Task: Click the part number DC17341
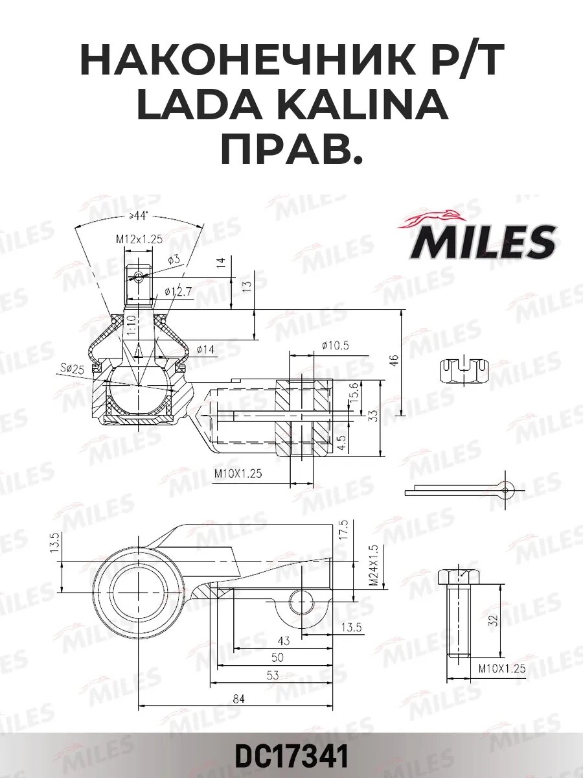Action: tap(291, 757)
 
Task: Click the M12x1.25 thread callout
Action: tap(139, 239)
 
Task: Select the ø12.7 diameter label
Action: tap(178, 292)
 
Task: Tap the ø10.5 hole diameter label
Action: tap(334, 346)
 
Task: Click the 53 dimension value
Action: tap(273, 676)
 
